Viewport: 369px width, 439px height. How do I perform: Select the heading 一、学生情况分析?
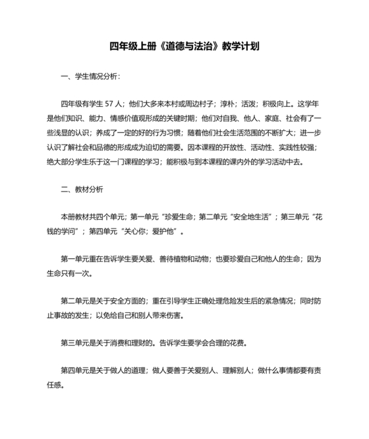(90, 77)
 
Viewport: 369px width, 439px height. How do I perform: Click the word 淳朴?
(225, 104)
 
